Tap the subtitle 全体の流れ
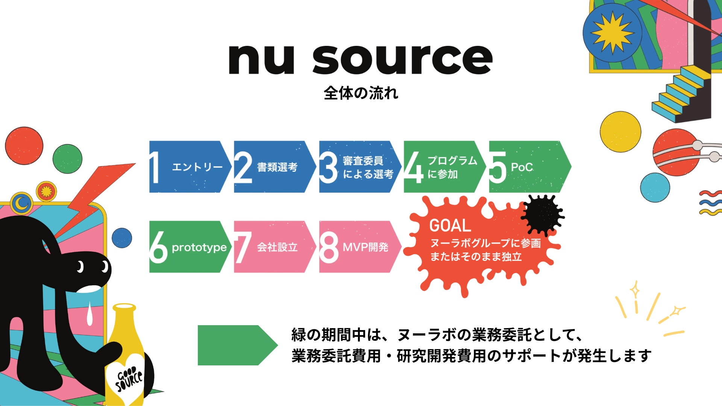point(361,93)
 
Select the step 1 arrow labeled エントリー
point(190,167)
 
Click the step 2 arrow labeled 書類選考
point(275,167)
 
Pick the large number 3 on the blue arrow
point(329,168)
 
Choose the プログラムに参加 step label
point(452,167)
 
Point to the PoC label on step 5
point(522,167)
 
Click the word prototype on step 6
point(199,247)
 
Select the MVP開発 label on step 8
point(365,247)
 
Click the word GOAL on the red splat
point(450,226)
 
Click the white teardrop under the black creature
point(89,314)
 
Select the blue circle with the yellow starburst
point(612,33)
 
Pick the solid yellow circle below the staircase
point(620,132)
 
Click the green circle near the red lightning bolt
point(67,159)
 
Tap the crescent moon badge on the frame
point(22,203)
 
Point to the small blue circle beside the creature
point(122,238)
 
